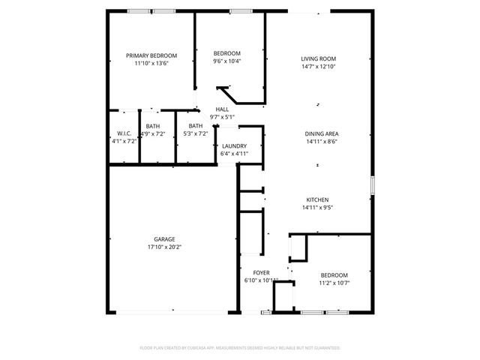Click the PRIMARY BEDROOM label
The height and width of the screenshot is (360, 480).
151,56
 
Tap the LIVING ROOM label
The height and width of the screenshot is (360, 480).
318,59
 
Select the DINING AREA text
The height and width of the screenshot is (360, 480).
321,133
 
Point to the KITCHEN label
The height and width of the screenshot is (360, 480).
316,199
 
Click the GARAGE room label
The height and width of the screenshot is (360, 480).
165,239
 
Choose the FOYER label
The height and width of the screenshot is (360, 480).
261,273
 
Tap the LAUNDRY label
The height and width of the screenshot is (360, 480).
234,146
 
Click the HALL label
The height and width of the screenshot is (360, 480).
222,109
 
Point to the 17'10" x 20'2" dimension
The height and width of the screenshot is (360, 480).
165,247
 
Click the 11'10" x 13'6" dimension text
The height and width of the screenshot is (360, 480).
151,64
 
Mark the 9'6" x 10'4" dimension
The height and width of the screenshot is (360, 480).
226,61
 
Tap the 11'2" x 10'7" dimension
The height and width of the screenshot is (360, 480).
334,283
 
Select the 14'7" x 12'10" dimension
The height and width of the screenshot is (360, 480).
318,67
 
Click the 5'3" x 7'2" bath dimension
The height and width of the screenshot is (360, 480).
196,133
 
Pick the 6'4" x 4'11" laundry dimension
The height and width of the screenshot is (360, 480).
234,154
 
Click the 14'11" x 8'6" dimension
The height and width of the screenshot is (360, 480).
321,141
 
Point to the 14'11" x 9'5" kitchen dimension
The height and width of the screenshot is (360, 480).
316,207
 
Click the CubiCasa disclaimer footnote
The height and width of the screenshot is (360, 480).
240,348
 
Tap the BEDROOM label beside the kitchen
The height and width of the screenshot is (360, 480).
334,275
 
